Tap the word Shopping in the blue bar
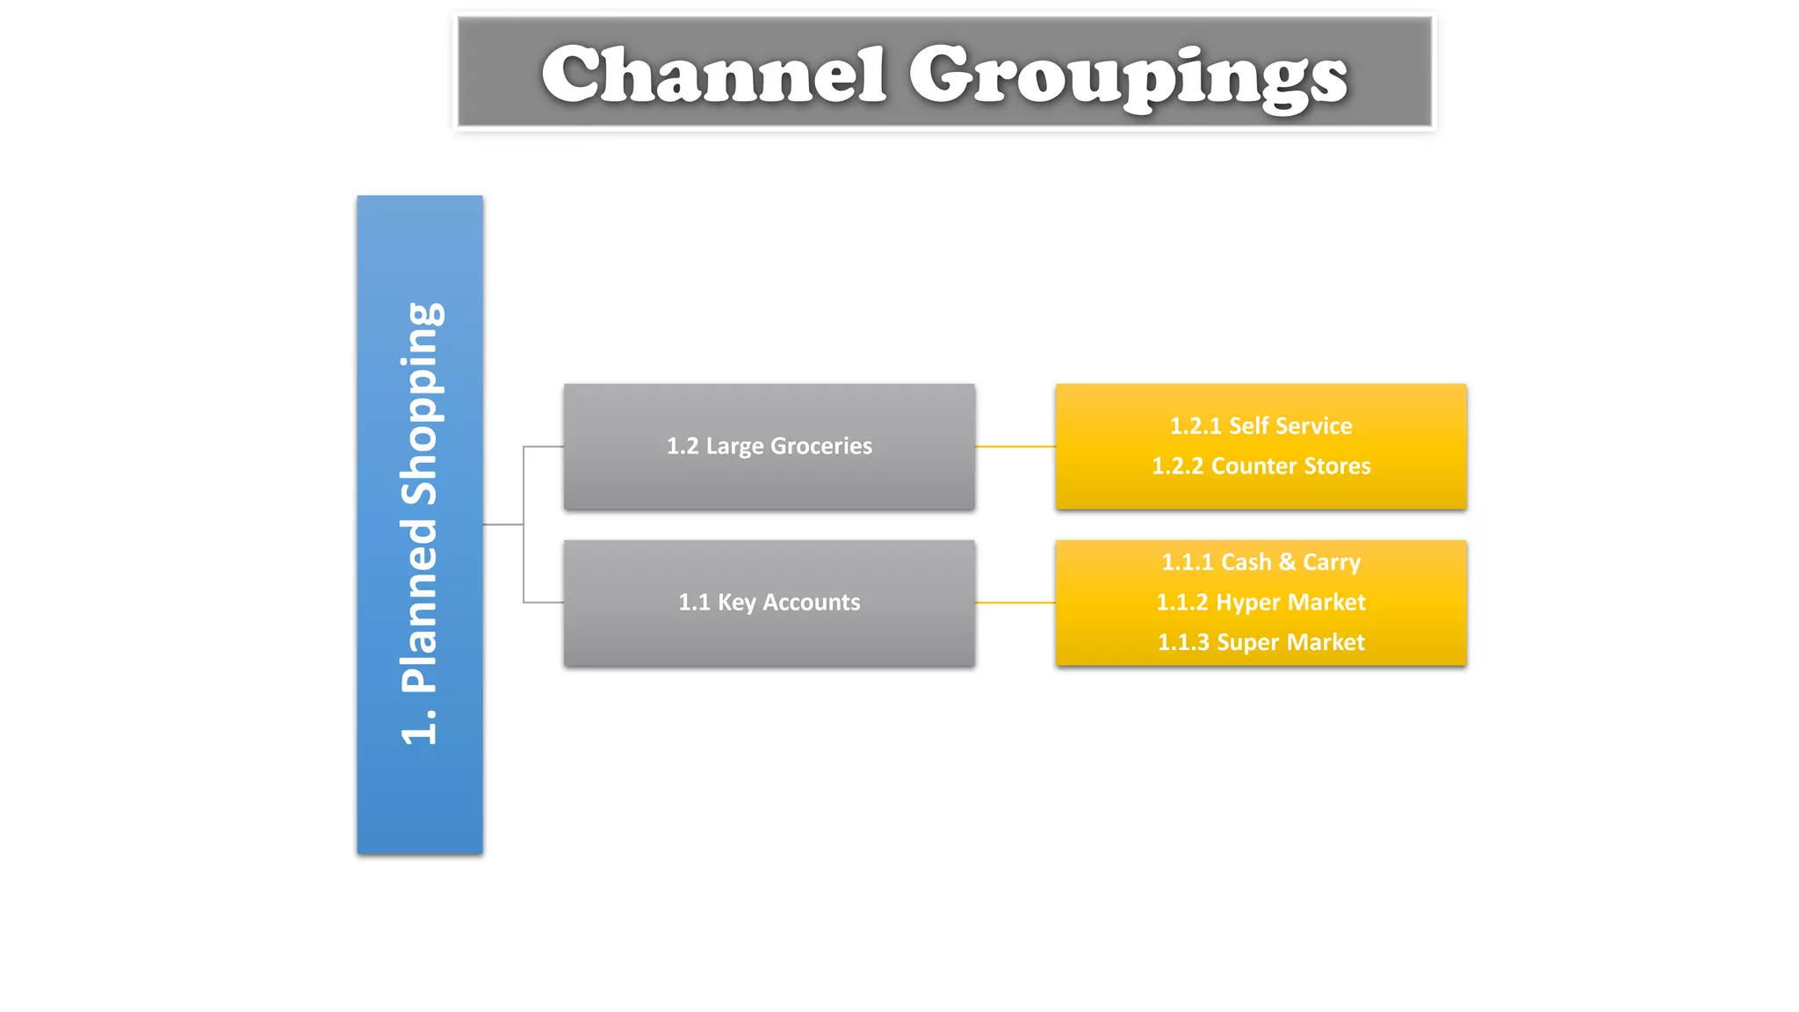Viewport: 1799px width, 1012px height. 421,404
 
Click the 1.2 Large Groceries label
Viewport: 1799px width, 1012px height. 769,446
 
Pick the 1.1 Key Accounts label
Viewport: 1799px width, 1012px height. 769,603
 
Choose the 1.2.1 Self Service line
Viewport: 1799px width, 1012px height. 1261,426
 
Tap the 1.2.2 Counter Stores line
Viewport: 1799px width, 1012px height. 1261,466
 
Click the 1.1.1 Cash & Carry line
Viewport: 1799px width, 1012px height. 1261,562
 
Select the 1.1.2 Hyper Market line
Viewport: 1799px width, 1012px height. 1261,603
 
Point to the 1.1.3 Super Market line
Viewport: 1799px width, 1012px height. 1261,642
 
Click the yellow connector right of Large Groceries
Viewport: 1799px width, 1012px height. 1015,446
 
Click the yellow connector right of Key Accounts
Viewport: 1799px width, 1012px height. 1015,603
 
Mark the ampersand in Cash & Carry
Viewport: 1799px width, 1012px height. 1287,562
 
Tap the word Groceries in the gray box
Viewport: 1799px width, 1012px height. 820,446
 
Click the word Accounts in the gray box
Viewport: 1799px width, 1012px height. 811,603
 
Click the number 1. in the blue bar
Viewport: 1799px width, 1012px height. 421,724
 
